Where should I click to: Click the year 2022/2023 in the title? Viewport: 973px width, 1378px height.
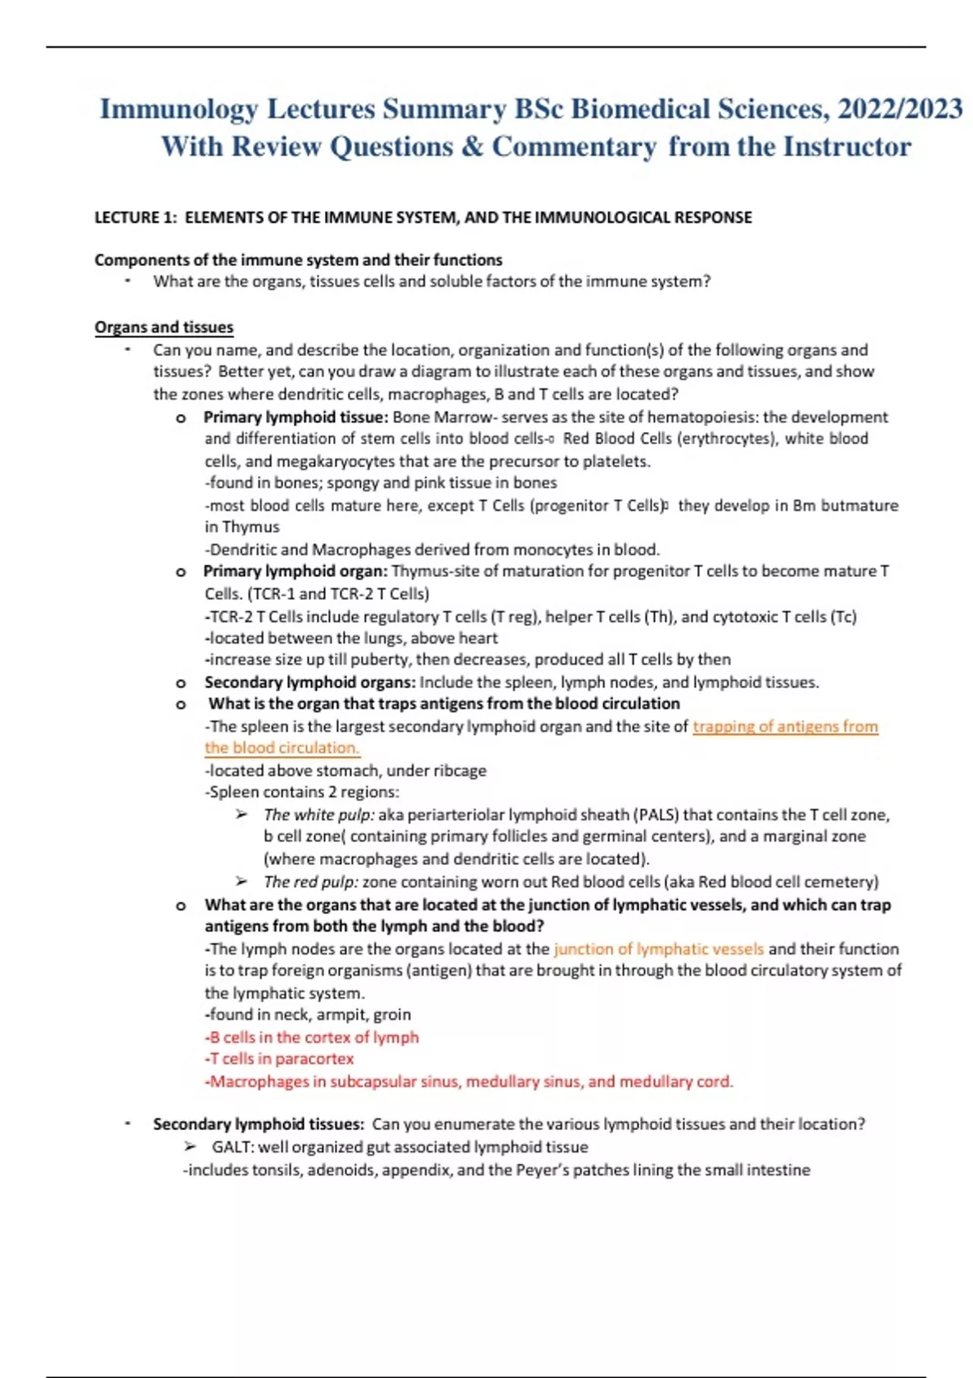[900, 109]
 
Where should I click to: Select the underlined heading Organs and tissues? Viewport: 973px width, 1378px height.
[164, 327]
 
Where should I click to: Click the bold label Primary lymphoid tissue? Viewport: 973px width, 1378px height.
[296, 417]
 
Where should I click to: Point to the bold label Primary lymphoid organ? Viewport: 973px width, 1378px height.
[295, 571]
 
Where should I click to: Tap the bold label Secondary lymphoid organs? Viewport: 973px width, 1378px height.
[310, 683]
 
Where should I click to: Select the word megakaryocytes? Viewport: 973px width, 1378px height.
[336, 461]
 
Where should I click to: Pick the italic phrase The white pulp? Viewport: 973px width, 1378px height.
[319, 815]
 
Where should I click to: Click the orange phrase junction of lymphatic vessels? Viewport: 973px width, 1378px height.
[658, 949]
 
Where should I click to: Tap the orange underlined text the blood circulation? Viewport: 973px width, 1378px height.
[281, 748]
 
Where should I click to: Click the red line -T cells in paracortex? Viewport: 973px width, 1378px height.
[280, 1059]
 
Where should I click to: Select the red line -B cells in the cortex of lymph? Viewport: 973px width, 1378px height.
[312, 1038]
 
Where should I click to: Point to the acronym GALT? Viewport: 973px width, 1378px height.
[233, 1147]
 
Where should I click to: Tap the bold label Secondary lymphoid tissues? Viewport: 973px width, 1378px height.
[259, 1124]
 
